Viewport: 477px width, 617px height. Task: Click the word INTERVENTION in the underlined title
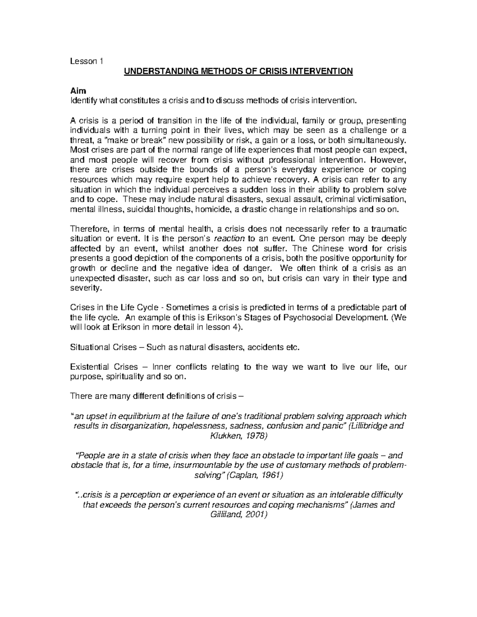(x=323, y=72)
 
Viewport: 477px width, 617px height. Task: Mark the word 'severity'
(x=85, y=288)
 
